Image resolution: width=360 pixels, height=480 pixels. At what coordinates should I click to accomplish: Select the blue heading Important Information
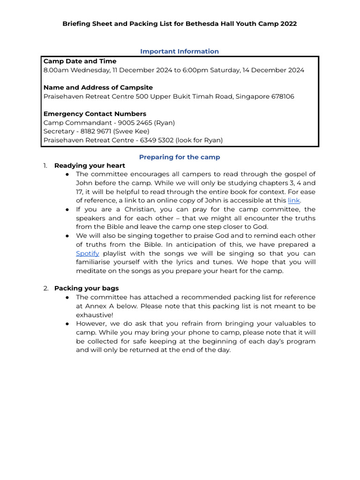click(180, 52)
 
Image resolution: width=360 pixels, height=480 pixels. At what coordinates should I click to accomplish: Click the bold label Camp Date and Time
click(80, 61)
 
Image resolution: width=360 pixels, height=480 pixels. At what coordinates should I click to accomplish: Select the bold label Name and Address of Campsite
click(98, 88)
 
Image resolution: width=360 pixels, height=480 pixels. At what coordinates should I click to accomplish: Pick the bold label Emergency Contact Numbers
click(95, 114)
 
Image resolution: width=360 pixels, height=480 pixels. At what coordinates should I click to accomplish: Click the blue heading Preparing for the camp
click(180, 157)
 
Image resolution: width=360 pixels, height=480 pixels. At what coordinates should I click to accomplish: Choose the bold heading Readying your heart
click(90, 165)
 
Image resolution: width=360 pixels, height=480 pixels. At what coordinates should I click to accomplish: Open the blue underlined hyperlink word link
click(293, 201)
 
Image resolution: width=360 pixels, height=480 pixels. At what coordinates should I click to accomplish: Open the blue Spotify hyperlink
click(87, 253)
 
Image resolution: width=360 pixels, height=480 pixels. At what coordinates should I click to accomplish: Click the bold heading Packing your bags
click(86, 288)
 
